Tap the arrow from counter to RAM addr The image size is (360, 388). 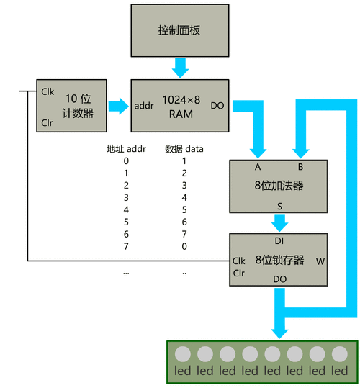point(117,106)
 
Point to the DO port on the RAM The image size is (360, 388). point(217,106)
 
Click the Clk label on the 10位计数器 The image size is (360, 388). point(48,91)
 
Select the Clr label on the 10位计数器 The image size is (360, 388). point(48,122)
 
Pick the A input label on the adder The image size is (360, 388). point(258,167)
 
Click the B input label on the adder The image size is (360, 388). point(301,167)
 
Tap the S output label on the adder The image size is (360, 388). point(279,206)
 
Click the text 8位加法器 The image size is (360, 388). point(279,185)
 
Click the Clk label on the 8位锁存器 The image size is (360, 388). point(239,261)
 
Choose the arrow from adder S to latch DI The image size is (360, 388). point(279,222)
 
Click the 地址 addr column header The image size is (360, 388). point(127,149)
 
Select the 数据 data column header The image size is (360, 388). point(184,149)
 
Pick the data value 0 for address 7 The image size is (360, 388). point(184,247)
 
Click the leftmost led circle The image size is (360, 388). point(183,354)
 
